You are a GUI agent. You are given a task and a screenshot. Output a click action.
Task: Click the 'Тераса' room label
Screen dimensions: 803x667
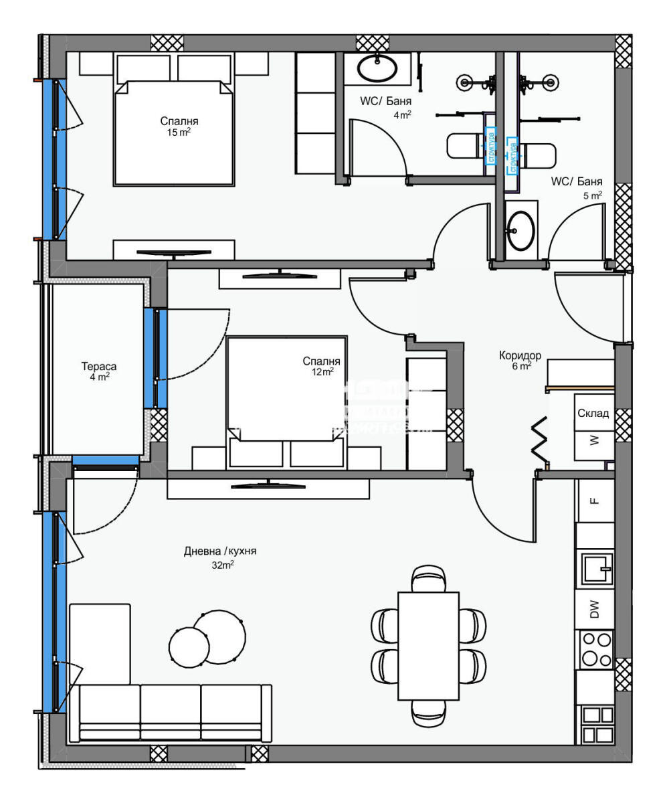pyautogui.click(x=98, y=366)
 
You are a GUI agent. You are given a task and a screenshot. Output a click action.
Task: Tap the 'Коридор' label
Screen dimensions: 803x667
pyautogui.click(x=520, y=355)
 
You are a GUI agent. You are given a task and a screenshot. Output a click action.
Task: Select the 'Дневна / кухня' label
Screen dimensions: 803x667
pyautogui.click(x=220, y=551)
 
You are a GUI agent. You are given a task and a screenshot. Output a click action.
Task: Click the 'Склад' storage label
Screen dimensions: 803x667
pyautogui.click(x=593, y=413)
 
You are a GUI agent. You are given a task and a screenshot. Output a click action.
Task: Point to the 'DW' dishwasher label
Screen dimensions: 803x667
pyautogui.click(x=594, y=609)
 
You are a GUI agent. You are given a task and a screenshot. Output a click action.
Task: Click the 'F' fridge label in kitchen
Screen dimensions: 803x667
pyautogui.click(x=594, y=501)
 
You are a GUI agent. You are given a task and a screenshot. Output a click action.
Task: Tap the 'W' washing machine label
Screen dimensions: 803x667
pyautogui.click(x=593, y=440)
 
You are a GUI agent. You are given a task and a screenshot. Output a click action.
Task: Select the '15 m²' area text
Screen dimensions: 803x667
pyautogui.click(x=179, y=132)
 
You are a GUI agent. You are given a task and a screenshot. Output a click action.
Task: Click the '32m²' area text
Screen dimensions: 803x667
pyautogui.click(x=223, y=565)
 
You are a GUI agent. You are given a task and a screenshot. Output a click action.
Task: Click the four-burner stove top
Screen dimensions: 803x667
pyautogui.click(x=595, y=648)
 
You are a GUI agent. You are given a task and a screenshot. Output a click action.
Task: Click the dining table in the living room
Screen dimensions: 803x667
pyautogui.click(x=428, y=645)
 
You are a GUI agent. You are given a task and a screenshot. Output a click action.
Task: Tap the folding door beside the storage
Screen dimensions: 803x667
pyautogui.click(x=540, y=439)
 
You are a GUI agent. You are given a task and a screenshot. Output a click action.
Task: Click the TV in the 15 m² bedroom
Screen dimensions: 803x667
pyautogui.click(x=173, y=253)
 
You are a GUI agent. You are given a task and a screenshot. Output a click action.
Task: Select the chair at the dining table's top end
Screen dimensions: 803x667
pyautogui.click(x=428, y=577)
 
